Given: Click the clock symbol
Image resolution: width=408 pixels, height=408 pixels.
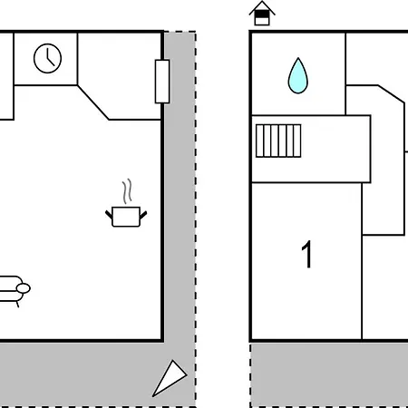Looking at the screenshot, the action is [47, 58].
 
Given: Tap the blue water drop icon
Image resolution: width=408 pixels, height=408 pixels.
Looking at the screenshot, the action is [297, 75].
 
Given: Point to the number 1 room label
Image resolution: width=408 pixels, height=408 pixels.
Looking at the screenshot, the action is [306, 254].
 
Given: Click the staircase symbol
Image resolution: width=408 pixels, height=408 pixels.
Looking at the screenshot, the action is [278, 141].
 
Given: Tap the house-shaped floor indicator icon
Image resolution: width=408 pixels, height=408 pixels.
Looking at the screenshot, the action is [262, 14].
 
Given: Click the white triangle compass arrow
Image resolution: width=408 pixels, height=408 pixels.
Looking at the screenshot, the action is [170, 377].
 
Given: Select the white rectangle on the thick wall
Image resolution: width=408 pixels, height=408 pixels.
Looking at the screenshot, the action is [162, 82].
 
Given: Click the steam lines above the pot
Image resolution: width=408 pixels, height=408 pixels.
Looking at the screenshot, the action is [127, 191].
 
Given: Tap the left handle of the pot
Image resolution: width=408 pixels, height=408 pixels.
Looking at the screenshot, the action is [109, 215].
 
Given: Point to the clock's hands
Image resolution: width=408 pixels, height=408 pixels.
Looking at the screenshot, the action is [50, 57].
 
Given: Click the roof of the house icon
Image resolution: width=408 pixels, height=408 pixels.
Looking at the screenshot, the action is [262, 8].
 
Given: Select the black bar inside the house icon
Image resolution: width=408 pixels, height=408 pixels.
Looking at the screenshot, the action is [262, 15].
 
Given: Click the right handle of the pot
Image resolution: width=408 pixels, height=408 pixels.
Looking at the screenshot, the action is [143, 215].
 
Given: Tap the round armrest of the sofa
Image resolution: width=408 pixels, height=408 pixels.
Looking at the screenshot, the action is [24, 288].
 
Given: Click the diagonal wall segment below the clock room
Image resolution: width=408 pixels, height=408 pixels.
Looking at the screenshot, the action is [92, 102].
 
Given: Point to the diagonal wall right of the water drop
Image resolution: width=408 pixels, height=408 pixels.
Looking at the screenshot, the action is [391, 94].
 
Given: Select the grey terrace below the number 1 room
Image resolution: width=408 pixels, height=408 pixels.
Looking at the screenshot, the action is [329, 374].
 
